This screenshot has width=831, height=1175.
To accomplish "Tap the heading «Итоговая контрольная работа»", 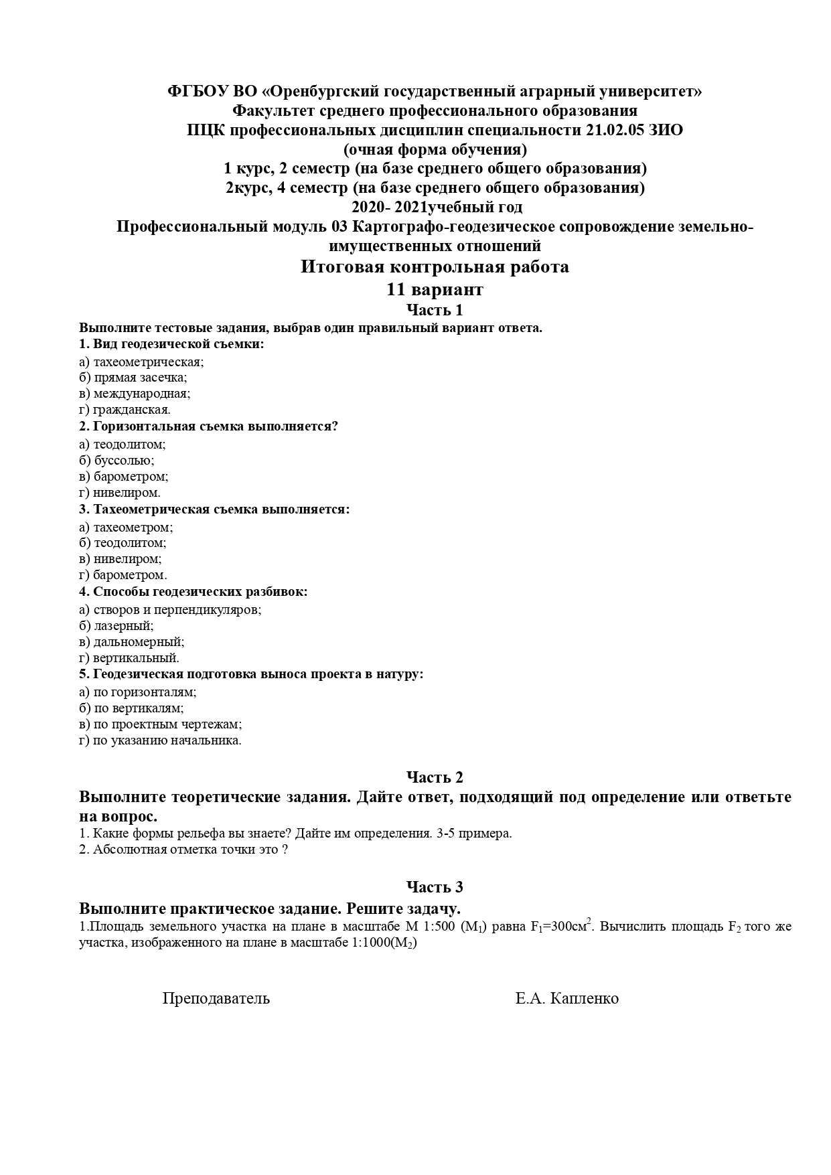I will [x=435, y=267].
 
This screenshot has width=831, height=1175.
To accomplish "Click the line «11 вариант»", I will [x=435, y=290].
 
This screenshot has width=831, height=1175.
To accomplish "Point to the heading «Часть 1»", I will [x=435, y=310].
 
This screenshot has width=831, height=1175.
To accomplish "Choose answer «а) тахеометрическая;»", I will [x=141, y=362].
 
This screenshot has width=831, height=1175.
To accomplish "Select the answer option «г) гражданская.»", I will [x=125, y=410].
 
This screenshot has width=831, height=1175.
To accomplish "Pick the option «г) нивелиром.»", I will [x=120, y=493].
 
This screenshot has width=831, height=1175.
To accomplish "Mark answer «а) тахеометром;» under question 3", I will [x=126, y=528].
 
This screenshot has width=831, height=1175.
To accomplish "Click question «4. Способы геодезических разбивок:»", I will [x=193, y=592].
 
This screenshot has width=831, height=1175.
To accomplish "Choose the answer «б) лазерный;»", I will [x=116, y=626].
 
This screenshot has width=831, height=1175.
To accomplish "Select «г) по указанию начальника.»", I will [x=160, y=740].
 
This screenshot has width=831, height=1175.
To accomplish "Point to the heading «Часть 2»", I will [x=435, y=777].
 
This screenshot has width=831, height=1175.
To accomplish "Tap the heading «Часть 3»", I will [x=435, y=887].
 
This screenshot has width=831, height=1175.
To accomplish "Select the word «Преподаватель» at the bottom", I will [x=216, y=999].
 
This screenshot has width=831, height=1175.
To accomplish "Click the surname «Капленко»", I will [x=585, y=999].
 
